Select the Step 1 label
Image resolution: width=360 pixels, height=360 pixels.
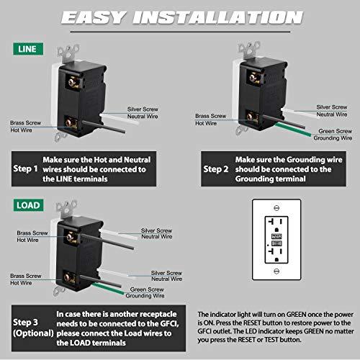25,169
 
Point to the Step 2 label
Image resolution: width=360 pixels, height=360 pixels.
214,169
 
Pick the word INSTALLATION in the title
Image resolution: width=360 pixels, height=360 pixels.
216,17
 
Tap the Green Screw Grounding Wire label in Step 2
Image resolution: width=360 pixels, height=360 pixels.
336,135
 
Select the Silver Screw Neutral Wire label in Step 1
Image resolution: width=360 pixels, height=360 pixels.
144,109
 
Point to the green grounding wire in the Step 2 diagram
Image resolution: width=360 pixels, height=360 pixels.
288,135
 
